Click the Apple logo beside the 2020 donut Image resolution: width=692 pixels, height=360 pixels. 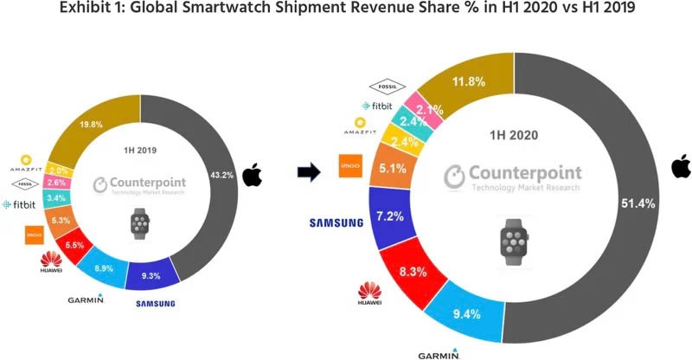(x=681, y=166)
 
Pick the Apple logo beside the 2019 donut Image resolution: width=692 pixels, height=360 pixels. (x=252, y=177)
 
